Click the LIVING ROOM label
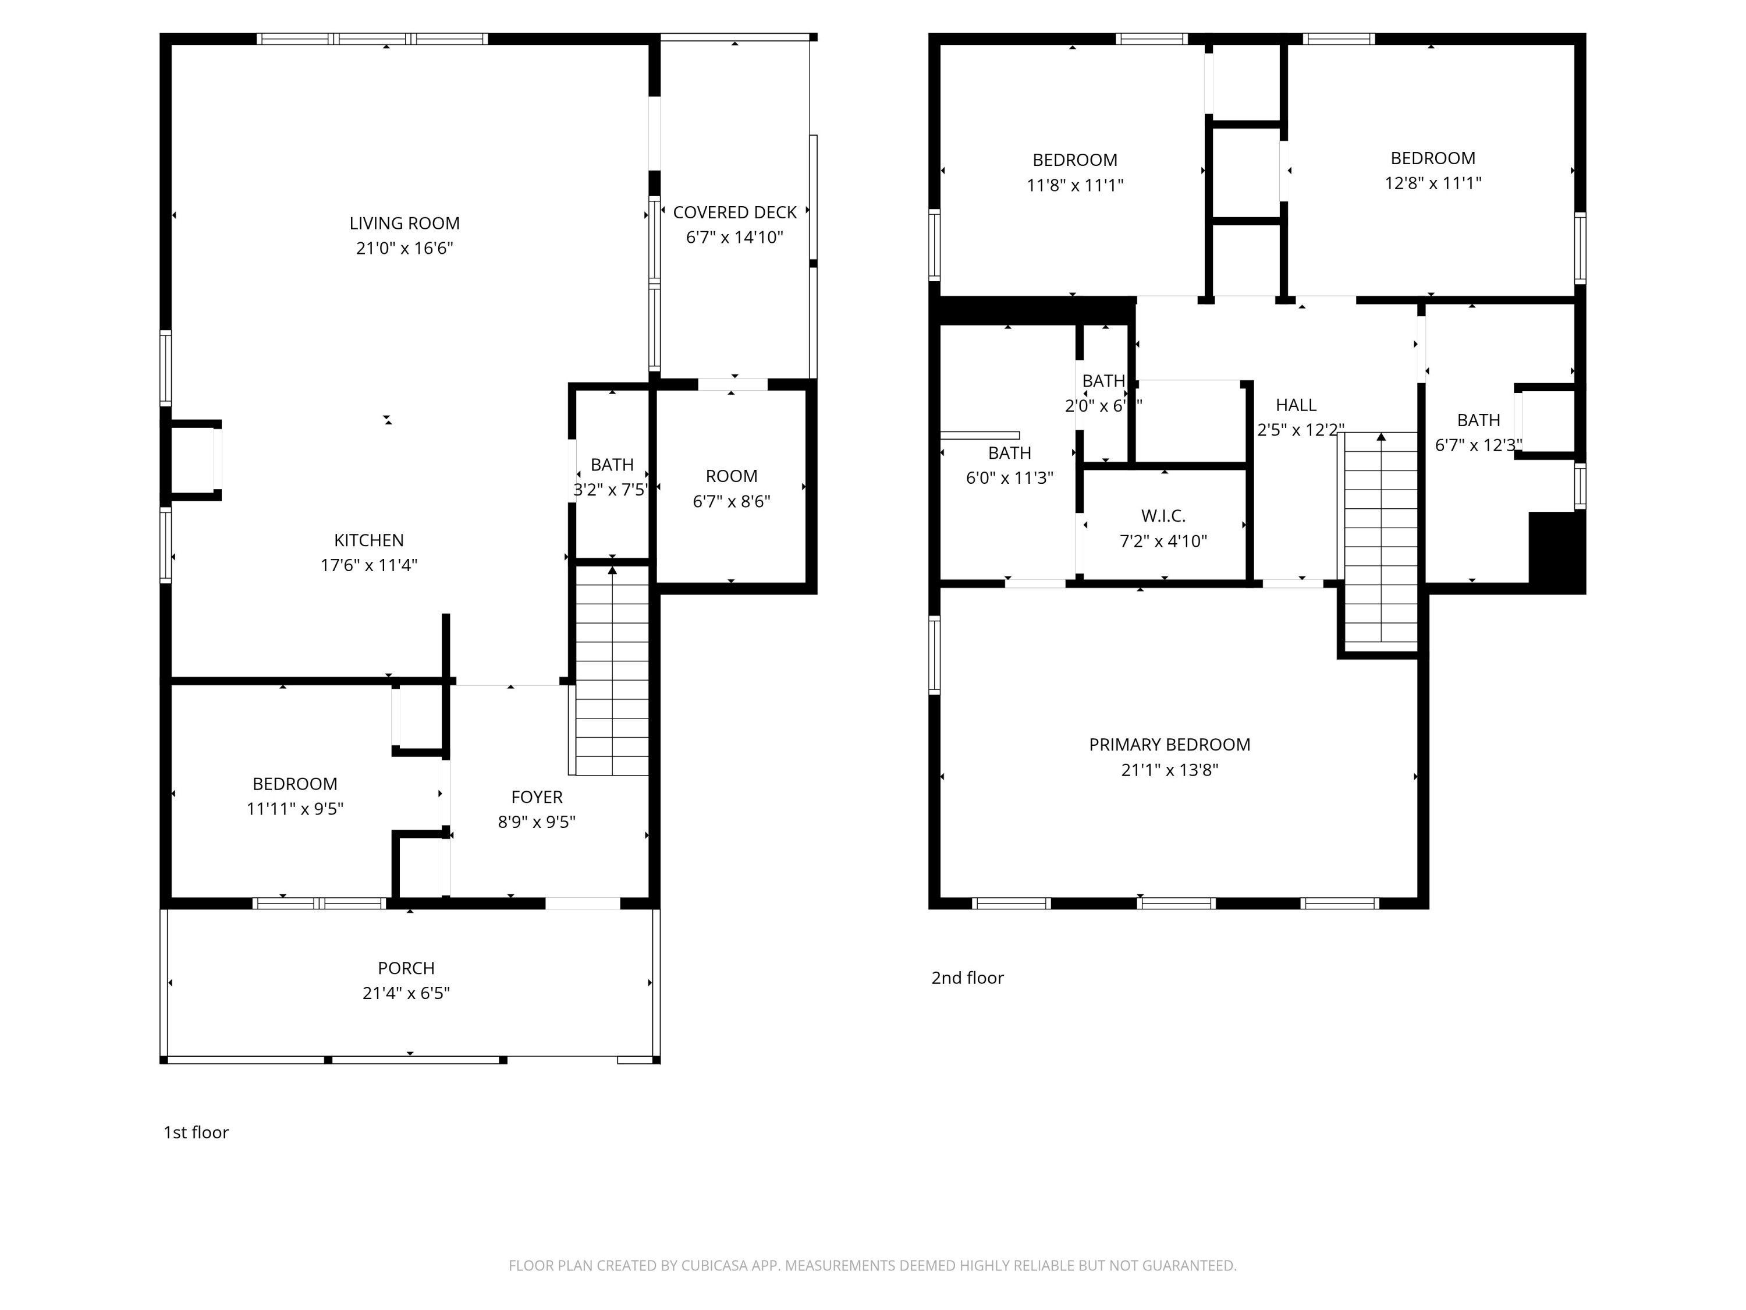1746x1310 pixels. coord(404,224)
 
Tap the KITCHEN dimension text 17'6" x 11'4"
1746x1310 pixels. coord(368,565)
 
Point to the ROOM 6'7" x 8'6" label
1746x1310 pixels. coord(731,477)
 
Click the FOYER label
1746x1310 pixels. coord(537,796)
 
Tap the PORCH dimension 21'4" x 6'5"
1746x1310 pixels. coord(406,993)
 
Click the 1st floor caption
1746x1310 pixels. coord(196,1132)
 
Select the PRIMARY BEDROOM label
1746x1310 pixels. coord(1169,745)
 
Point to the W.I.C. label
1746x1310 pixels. coord(1163,516)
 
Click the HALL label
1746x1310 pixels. coord(1296,405)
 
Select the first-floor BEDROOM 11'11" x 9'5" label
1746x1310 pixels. coord(294,784)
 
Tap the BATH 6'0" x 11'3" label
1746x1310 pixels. coord(1010,453)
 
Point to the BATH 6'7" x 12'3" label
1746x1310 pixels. coord(1478,420)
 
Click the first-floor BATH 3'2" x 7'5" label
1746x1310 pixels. coord(612,465)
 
